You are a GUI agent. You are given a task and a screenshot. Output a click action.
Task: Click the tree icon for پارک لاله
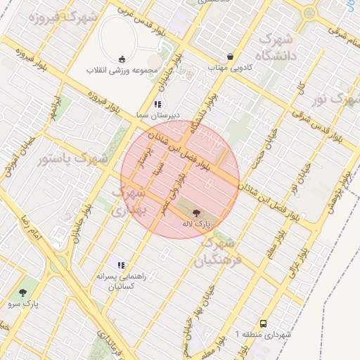point(195,212)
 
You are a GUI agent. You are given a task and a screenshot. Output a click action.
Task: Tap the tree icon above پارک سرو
point(25,292)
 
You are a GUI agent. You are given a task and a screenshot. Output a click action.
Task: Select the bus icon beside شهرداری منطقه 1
point(263,324)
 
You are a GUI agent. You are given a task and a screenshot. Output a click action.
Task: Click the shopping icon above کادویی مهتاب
point(230,57)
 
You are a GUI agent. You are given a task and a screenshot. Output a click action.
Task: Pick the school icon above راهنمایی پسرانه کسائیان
point(121,265)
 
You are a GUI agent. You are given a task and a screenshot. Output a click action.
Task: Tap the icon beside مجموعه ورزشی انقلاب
point(123,59)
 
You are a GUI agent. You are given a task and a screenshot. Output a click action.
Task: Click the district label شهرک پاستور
point(73,158)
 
